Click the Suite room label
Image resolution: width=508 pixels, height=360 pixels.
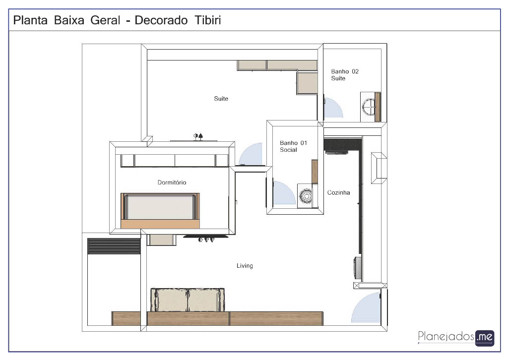[x=221, y=98]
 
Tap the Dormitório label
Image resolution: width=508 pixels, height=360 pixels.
[x=172, y=182]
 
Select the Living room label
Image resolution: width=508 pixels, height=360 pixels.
[x=245, y=265]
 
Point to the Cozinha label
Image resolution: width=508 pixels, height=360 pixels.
[x=338, y=192]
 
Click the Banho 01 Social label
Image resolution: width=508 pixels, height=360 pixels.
[x=293, y=146]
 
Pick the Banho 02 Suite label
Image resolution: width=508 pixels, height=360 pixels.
[x=345, y=75]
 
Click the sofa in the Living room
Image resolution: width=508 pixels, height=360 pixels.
[x=188, y=300]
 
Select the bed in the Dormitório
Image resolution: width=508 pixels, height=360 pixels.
[x=160, y=211]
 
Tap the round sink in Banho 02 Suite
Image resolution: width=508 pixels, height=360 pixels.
[x=369, y=107]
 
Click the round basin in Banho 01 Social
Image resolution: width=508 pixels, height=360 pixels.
[x=306, y=196]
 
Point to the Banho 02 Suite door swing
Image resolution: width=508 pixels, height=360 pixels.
[x=333, y=108]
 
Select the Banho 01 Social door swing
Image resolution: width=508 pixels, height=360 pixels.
[x=284, y=192]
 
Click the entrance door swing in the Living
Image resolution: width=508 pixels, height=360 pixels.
[x=366, y=307]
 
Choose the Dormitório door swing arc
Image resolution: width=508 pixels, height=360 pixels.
[x=251, y=154]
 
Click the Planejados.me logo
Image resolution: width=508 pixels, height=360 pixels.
[x=456, y=338]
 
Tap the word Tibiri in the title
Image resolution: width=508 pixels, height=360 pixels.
[x=208, y=20]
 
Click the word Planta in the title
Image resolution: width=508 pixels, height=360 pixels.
[x=30, y=20]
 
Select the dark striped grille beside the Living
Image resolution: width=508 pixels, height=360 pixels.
[x=114, y=246]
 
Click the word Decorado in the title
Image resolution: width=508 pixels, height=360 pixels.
[x=161, y=20]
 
